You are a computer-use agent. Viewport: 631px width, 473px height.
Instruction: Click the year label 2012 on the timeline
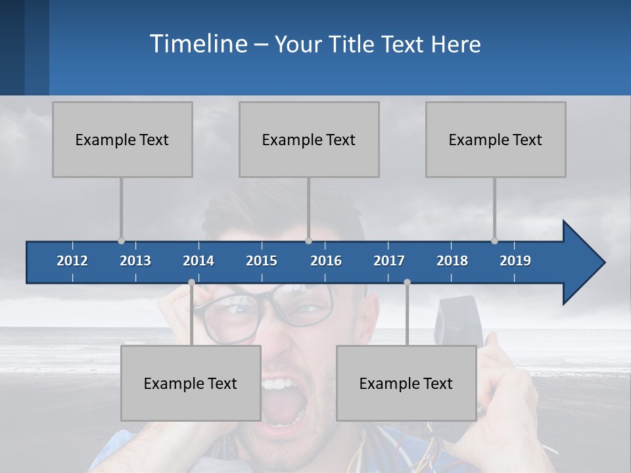pos(72,261)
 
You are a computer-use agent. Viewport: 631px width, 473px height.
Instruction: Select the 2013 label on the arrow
pos(135,261)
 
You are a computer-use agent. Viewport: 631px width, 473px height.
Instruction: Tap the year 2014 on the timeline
pos(199,261)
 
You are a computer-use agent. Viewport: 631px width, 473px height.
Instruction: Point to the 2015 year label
pos(262,261)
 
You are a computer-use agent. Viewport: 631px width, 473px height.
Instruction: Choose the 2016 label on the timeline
pos(326,261)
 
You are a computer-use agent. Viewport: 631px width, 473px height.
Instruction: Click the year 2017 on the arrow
pos(389,261)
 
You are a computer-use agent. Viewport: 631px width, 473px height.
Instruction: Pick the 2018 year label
pos(452,261)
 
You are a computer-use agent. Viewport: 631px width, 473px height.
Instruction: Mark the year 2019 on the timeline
pos(515,261)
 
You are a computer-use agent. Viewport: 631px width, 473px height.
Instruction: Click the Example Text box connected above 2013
pos(122,139)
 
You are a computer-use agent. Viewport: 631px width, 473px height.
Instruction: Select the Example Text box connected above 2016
pos(309,139)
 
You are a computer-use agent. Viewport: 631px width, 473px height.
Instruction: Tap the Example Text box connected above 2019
pos(496,139)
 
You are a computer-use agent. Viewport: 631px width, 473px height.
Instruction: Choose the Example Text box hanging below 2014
pos(191,383)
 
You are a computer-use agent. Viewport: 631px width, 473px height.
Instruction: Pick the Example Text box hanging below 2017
pos(406,383)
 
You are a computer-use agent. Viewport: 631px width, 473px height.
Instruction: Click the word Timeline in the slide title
pos(198,43)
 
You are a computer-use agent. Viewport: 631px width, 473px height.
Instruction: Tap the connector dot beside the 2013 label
pos(121,241)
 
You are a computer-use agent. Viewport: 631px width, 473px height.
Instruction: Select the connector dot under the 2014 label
pos(191,282)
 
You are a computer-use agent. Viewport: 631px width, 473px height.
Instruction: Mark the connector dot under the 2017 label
pos(407,282)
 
